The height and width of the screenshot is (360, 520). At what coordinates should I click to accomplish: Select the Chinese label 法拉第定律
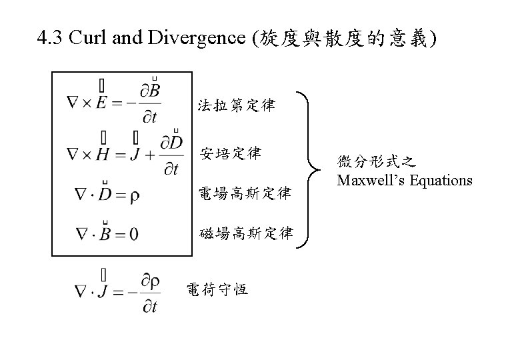point(236,105)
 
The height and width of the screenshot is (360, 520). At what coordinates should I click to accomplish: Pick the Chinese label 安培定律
point(231,153)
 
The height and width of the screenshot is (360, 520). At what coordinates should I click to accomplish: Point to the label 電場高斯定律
point(245,194)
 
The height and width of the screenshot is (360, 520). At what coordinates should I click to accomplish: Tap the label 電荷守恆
point(217,289)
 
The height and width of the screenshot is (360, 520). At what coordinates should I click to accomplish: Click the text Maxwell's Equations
point(405,180)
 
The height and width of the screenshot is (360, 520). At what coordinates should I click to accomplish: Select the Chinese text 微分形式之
point(376,162)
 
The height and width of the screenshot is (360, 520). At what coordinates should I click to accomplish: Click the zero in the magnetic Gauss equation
point(134,234)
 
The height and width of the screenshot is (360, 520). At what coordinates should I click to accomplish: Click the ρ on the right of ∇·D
point(135,195)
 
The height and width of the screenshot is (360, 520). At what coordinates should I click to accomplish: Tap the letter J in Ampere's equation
point(137,154)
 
